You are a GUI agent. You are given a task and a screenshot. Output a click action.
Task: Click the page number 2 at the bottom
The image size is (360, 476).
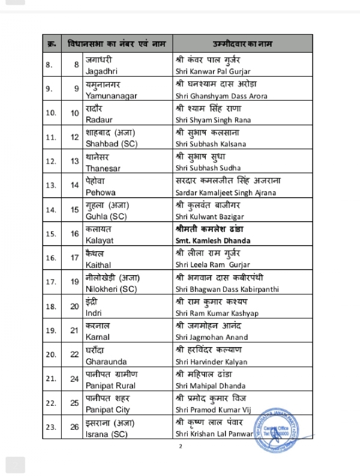tap(179, 447)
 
